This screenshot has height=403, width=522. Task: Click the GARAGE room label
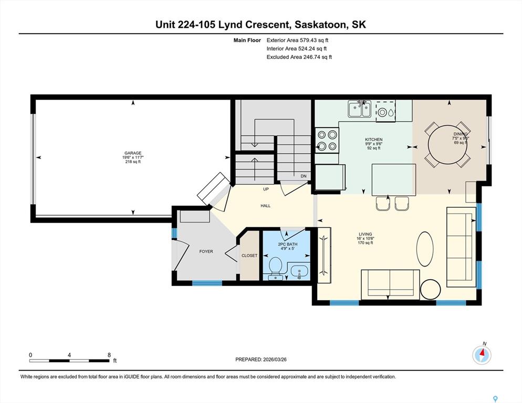pyautogui.click(x=133, y=153)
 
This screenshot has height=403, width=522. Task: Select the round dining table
pyautogui.click(x=447, y=144)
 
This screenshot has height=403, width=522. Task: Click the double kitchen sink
pyautogui.click(x=360, y=109)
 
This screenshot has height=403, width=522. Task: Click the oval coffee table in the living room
pyautogui.click(x=425, y=249)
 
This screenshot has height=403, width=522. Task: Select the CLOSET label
pyautogui.click(x=249, y=256)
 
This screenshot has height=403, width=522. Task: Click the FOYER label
pyautogui.click(x=206, y=251)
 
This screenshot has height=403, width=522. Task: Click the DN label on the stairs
pyautogui.click(x=304, y=176)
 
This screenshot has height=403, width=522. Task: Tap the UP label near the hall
pyautogui.click(x=266, y=189)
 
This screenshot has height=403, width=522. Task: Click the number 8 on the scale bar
pyautogui.click(x=109, y=355)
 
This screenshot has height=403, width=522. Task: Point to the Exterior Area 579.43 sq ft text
pyautogui.click(x=297, y=40)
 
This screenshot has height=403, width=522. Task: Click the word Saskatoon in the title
pyautogui.click(x=320, y=25)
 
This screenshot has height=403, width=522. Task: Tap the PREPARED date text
pyautogui.click(x=261, y=359)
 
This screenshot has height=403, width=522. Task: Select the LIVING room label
pyautogui.click(x=365, y=234)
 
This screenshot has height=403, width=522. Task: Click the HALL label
pyautogui.click(x=266, y=206)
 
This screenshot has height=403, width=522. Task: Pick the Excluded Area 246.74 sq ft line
pyautogui.click(x=299, y=57)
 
